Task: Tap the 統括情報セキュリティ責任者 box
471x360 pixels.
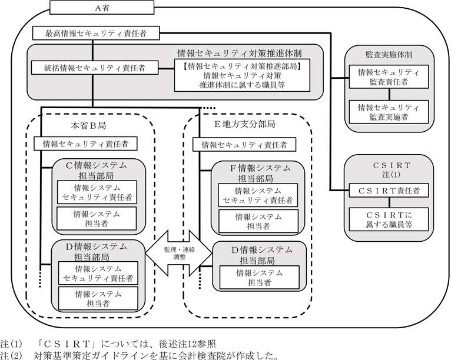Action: point(95,68)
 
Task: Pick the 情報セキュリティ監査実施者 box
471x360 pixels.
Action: point(388,112)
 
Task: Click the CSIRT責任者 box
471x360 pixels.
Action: point(388,191)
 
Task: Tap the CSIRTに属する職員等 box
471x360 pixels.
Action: point(388,219)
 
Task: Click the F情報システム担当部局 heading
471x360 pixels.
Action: point(257,173)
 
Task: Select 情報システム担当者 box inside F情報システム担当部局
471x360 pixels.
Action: point(258,221)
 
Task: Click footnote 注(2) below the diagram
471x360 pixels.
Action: point(139,354)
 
